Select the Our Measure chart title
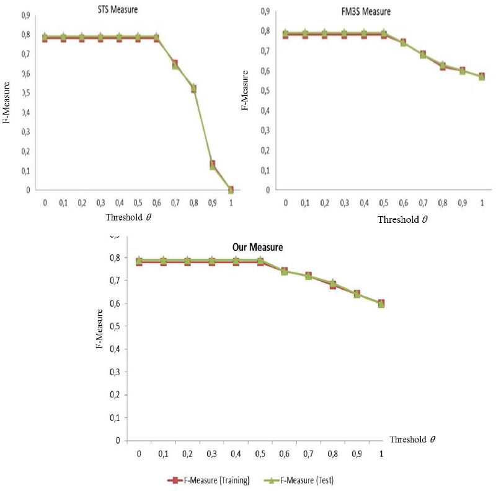click(257, 247)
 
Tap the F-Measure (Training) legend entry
click(208, 480)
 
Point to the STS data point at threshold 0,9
click(212, 165)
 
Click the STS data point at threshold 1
click(231, 190)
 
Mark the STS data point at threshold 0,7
click(175, 64)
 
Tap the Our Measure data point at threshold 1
click(381, 303)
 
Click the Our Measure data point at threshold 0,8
click(333, 284)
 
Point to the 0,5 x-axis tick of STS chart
click(138, 202)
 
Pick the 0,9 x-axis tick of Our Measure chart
click(356, 454)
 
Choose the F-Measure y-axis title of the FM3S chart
click(246, 90)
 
